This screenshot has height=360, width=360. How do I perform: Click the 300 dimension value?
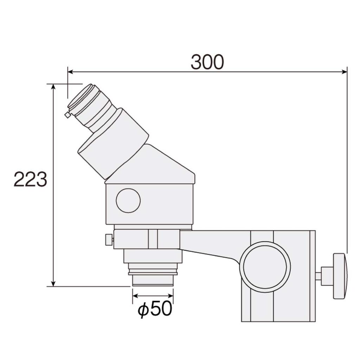(207, 62)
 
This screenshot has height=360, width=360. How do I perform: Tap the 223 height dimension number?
(30, 179)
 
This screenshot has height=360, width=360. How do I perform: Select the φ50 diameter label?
(155, 309)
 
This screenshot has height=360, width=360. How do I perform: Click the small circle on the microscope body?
(128, 200)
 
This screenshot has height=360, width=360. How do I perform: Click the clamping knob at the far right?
(340, 276)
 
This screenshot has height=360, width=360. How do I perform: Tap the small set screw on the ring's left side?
(109, 240)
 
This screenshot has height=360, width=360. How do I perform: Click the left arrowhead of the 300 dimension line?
(70, 72)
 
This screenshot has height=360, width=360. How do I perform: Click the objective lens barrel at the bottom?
(153, 279)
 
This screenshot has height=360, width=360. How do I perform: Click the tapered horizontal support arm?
(211, 243)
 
